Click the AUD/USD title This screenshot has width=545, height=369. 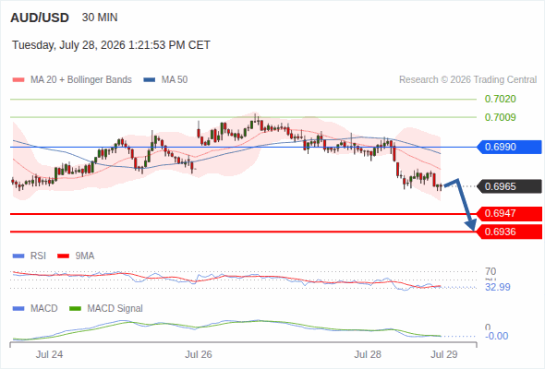pos(40,18)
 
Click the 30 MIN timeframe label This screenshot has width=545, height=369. pos(100,18)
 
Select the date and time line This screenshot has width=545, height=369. pos(111,45)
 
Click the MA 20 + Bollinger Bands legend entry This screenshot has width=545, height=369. pos(72,80)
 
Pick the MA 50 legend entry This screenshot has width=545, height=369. pos(165,80)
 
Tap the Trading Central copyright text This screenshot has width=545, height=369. pos(467,80)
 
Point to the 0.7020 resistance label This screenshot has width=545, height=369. pos(500,99)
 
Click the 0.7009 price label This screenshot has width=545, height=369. pos(500,117)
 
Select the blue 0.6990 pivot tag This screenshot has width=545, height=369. pos(509,147)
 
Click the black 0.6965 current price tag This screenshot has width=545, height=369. pos(509,186)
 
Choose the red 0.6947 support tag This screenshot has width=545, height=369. pos(509,213)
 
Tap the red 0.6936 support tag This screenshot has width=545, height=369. pos(509,232)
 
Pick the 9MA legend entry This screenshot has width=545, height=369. pos(76,256)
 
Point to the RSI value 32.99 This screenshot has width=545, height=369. pos(498,287)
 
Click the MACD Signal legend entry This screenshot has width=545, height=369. pos(106,309)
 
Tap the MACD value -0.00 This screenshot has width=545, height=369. pos(496,336)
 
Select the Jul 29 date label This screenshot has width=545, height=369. pos(444,355)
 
